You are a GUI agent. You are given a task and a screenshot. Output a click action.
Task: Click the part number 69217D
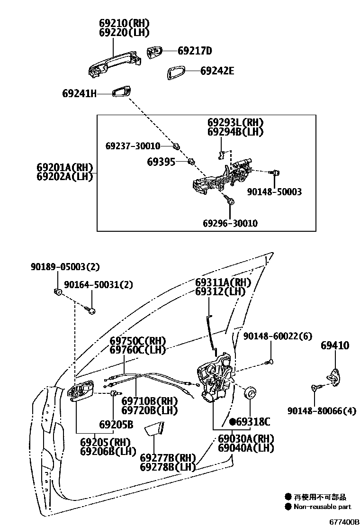[195, 51]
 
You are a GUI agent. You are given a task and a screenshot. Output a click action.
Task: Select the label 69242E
[217, 71]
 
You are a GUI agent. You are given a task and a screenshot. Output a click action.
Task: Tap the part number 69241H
[79, 93]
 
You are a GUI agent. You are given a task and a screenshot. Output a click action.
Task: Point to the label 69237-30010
[133, 146]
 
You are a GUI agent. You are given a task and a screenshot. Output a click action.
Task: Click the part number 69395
[161, 162]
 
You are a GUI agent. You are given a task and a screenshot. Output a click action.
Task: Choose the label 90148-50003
[274, 192]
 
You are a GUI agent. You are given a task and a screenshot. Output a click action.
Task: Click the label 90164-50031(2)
[99, 284]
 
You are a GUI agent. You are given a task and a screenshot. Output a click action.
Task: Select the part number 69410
[335, 345]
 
